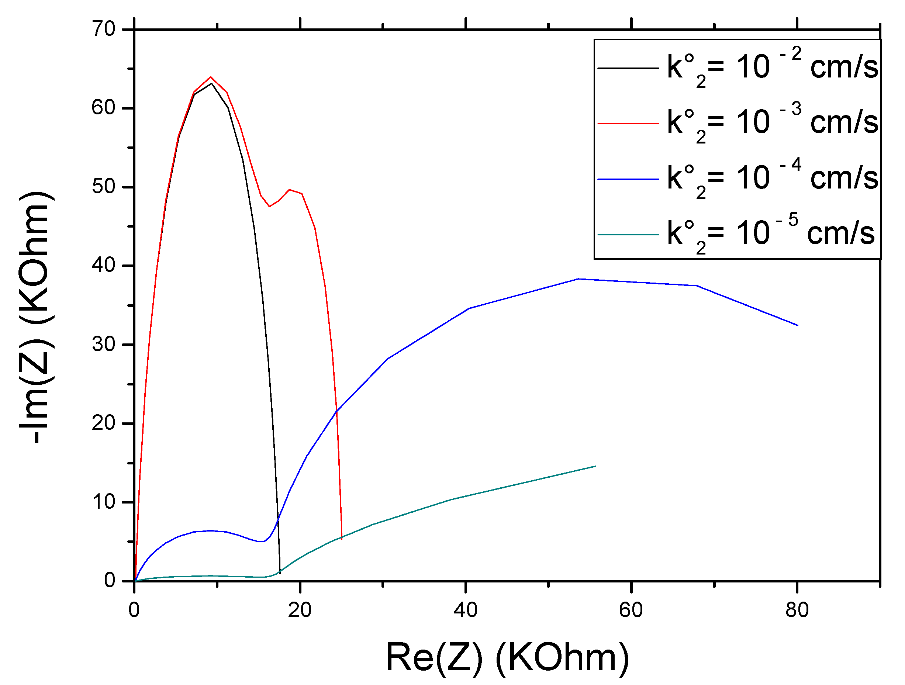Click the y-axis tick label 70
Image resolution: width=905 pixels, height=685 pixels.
[104, 30]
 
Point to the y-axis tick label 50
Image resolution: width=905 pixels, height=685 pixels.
[104, 187]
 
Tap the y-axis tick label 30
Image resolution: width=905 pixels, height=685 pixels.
[104, 344]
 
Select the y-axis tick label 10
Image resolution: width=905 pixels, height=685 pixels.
[104, 502]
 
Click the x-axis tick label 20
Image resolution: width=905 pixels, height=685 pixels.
[300, 610]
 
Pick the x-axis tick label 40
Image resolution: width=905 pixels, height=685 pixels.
[466, 610]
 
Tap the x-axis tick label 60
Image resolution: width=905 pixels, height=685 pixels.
[631, 610]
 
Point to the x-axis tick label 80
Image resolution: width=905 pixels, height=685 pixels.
[797, 610]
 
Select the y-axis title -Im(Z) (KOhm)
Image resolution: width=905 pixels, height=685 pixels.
[36, 317]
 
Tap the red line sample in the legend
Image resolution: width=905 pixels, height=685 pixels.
[628, 124]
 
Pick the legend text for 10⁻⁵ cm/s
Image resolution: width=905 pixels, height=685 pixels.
[771, 234]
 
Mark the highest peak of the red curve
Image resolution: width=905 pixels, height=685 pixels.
[211, 77]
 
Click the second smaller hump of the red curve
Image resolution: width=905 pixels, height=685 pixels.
[290, 190]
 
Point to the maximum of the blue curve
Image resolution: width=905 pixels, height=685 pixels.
[578, 279]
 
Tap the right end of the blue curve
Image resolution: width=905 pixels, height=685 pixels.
[797, 325]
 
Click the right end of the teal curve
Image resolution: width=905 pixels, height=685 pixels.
[596, 466]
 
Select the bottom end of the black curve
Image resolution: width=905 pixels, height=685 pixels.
[280, 573]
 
